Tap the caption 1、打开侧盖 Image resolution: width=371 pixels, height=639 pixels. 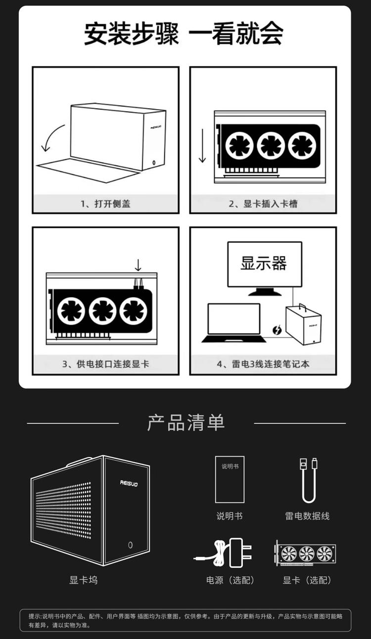point(105,204)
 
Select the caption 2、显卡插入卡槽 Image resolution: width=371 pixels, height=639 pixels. point(263,204)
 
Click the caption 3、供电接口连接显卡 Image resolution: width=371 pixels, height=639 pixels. point(105,364)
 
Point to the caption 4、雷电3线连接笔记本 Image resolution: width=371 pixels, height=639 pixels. point(263,364)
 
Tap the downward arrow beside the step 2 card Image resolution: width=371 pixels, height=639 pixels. point(202,146)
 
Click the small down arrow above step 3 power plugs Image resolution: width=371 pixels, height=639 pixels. point(138,265)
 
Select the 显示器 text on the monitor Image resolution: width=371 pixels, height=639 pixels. point(264,263)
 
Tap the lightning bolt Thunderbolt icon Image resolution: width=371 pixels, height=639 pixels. point(277,330)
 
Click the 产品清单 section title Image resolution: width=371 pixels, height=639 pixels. point(186,423)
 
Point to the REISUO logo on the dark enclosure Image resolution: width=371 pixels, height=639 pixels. point(129,483)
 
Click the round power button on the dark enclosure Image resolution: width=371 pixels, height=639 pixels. point(130,545)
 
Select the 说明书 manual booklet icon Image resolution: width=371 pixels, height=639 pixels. point(230,479)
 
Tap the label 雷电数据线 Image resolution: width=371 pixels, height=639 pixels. point(307,516)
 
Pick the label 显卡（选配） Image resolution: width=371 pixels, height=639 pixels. point(307,580)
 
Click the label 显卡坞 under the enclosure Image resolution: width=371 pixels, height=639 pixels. point(84,580)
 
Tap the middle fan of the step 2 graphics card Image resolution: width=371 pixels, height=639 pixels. point(271,146)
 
